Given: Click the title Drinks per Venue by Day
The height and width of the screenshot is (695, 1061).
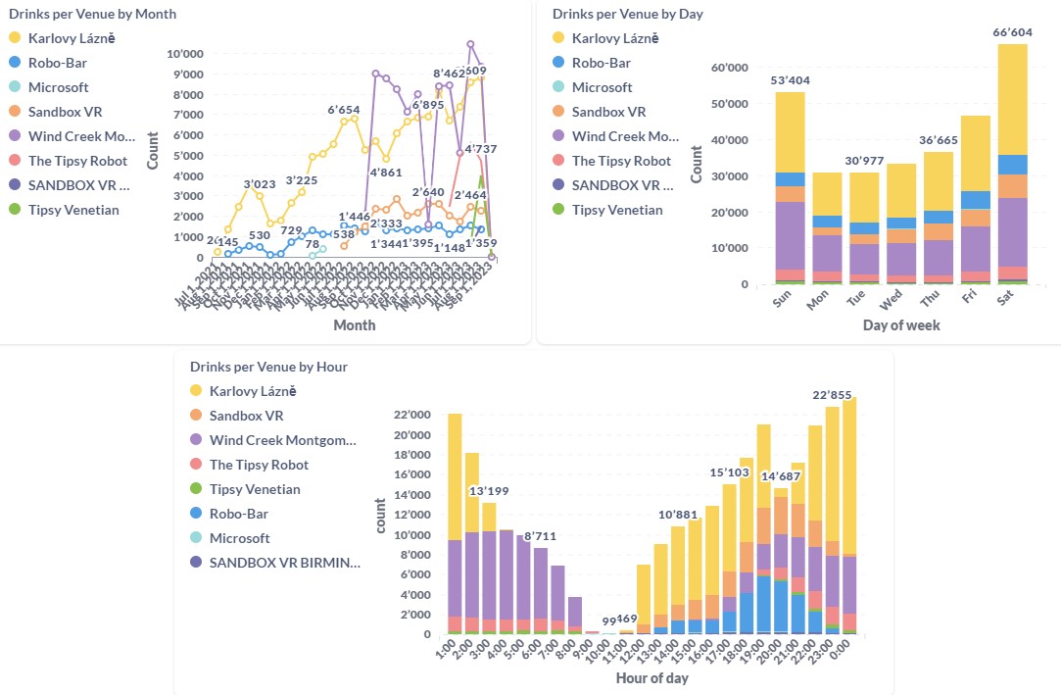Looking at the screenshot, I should (x=627, y=14).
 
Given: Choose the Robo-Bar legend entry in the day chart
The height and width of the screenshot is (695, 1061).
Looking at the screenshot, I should (x=602, y=63).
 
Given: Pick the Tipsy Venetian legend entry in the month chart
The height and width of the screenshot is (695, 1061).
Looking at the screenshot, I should (x=73, y=210).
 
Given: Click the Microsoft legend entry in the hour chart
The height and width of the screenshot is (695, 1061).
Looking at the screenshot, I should (x=239, y=538).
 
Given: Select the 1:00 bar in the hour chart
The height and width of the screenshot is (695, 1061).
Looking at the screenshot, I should (x=455, y=523).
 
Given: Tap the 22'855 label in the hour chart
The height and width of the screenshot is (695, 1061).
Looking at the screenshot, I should (x=833, y=395).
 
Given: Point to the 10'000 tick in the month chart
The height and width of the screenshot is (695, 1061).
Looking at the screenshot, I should (x=185, y=54).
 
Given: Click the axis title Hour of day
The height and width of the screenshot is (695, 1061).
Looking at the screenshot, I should (x=652, y=678).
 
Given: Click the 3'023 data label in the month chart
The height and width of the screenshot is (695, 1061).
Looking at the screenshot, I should (x=260, y=183).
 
